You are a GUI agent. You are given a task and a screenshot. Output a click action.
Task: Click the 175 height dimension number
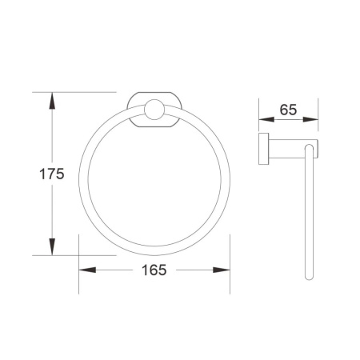(52, 174)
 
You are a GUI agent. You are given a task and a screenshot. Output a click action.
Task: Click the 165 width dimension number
(154, 270)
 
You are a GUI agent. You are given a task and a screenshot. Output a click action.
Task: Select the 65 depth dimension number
(288, 110)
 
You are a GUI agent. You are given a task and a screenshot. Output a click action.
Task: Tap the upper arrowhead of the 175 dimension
(52, 101)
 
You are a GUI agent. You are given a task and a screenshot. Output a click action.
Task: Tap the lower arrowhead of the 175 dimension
(52, 246)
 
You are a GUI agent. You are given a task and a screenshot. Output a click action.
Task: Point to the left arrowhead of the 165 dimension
(87, 270)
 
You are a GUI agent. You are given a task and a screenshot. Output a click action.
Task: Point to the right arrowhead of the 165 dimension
(222, 270)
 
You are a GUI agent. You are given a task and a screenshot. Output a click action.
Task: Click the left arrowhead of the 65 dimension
(266, 119)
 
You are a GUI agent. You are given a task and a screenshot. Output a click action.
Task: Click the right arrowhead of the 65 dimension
(310, 119)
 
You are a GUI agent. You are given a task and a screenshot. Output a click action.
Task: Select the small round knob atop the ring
(154, 110)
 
